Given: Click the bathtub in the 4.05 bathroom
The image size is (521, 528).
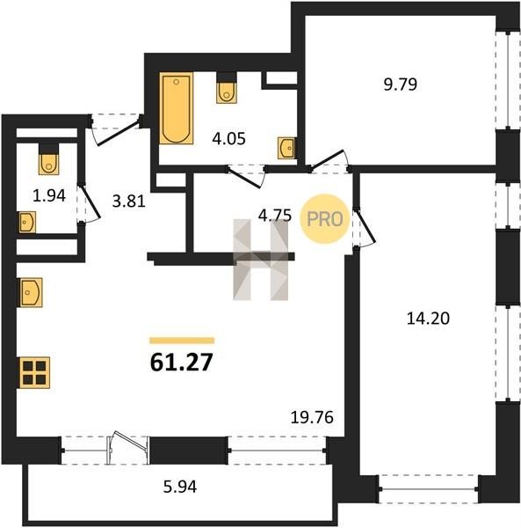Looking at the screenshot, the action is (x=176, y=108).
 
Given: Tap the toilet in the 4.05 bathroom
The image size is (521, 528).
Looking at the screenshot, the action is (x=226, y=88).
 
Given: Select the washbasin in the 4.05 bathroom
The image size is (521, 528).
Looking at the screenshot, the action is (x=286, y=148).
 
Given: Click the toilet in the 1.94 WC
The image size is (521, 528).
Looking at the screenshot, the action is (x=48, y=159).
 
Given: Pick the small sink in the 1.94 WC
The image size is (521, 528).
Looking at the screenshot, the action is (x=27, y=223).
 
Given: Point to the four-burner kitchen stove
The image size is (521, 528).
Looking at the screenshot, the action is (x=34, y=372).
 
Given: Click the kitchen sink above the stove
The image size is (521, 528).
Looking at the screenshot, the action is (x=31, y=292).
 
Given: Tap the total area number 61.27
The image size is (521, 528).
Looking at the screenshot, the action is (x=182, y=363).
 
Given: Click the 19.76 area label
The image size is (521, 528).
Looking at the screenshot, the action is (x=312, y=417).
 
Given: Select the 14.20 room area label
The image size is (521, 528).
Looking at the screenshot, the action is (x=428, y=319).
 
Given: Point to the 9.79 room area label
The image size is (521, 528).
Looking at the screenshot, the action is (x=401, y=84).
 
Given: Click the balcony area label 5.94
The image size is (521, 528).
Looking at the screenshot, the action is (x=180, y=487).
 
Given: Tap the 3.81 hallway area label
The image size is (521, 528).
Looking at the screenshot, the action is (x=129, y=202).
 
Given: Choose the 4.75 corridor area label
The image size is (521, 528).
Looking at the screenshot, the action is (x=275, y=216).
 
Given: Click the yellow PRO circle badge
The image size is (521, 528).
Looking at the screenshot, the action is (x=325, y=219).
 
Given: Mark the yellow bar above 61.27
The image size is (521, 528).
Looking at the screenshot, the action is (x=182, y=341).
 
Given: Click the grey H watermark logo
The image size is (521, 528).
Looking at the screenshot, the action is (x=261, y=260).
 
